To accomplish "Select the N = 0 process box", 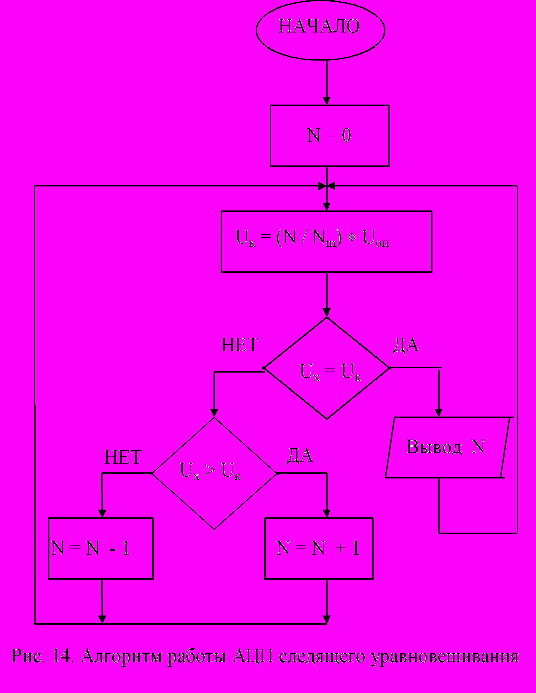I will [x=329, y=136].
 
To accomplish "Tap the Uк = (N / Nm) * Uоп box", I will [x=326, y=242].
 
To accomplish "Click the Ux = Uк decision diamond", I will [x=327, y=368].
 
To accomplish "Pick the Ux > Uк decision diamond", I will [x=214, y=473].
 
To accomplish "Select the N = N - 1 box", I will [x=101, y=549].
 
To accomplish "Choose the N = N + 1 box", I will [x=319, y=549].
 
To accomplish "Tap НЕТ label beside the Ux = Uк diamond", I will [x=240, y=345].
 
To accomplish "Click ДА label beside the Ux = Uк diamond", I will [x=405, y=345].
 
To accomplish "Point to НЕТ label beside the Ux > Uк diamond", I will [x=123, y=457].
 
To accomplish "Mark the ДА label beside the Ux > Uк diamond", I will [x=299, y=455].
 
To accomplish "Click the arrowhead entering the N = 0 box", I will [x=327, y=101].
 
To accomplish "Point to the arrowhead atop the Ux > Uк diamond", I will [x=214, y=413].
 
